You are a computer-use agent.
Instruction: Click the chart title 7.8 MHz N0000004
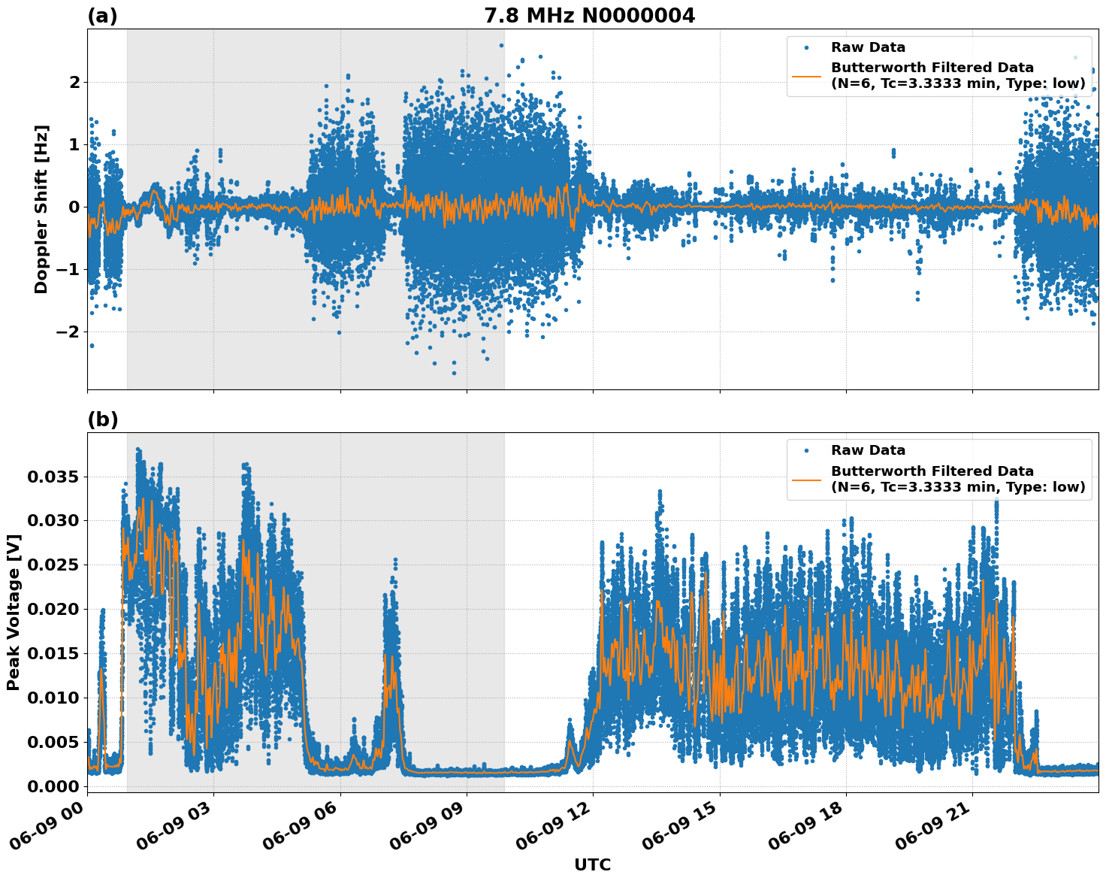pos(589,16)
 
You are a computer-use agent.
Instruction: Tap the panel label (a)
pos(102,16)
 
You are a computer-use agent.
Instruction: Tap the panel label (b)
pos(102,419)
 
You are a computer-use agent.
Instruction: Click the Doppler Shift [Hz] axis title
pos(41,209)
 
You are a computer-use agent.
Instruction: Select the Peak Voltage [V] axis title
pos(13,612)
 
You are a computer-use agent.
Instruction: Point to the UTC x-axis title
pos(592,864)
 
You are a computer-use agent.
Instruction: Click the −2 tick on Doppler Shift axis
pos(66,332)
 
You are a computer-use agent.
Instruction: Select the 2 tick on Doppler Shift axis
pos(74,82)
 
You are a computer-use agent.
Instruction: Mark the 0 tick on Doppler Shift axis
pos(74,207)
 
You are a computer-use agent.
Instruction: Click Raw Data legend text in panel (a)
pos(868,47)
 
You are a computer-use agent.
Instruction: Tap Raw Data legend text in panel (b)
pos(868,450)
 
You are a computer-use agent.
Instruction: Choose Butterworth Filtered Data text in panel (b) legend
pos(932,471)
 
